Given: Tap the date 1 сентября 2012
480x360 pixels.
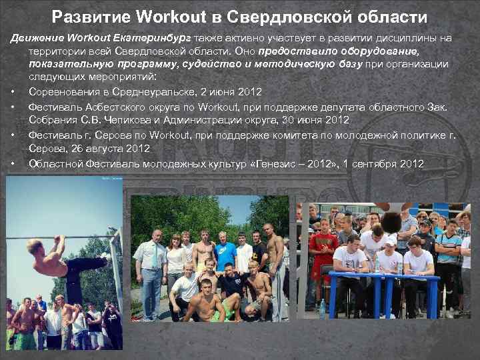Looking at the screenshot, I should pos(382,163).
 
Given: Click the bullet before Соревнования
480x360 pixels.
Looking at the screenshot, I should pos(13,91).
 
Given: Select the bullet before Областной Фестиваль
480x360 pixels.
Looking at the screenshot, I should pos(13,163).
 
